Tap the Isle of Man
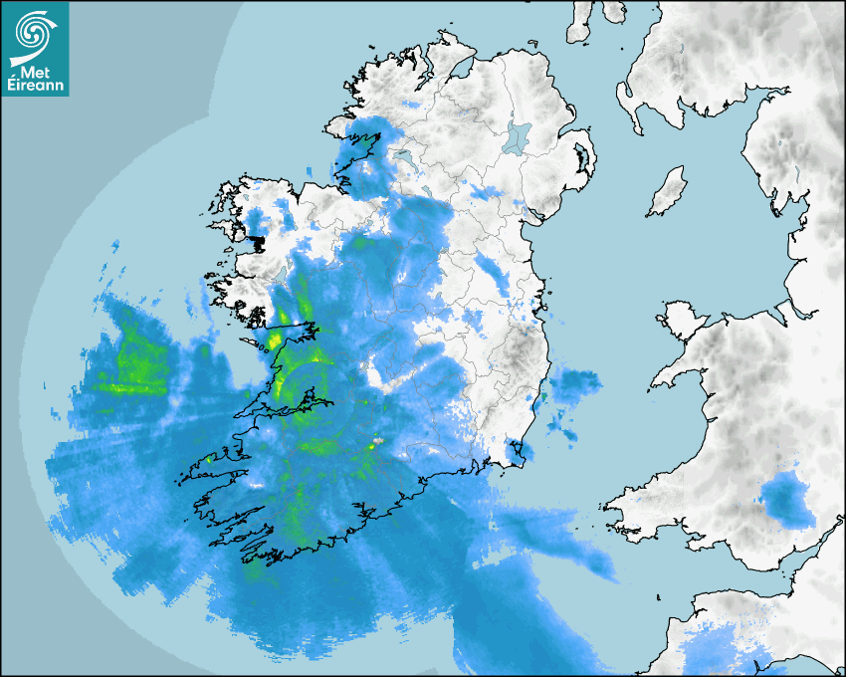tap(667, 192)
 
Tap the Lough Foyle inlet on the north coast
tap(460, 70)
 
